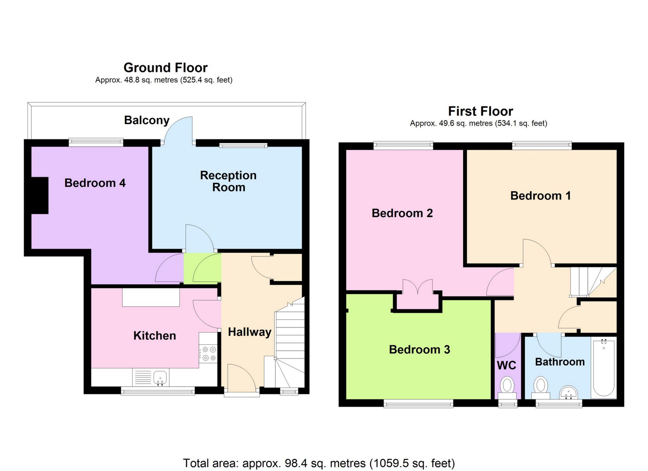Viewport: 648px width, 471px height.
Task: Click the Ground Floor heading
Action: tap(165, 68)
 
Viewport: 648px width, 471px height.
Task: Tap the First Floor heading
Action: tap(480, 111)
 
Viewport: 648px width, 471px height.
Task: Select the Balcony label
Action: tap(147, 120)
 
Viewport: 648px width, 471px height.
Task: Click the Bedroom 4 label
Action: tap(95, 183)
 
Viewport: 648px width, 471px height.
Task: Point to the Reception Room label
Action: tap(228, 181)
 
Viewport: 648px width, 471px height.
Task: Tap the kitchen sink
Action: tap(160, 377)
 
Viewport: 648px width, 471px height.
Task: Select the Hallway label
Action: tap(249, 332)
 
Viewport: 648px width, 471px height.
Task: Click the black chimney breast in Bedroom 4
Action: tap(40, 195)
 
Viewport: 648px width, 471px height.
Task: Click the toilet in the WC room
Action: tap(507, 385)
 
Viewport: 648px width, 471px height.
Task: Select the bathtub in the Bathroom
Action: tap(604, 369)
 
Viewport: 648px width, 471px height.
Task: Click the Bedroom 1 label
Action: tap(540, 196)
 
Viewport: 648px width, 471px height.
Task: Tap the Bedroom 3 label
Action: tap(419, 349)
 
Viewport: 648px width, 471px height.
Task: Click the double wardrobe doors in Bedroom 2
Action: tap(418, 287)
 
